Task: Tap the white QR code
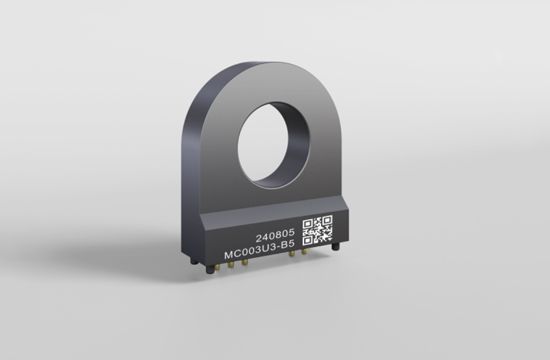[x=317, y=230]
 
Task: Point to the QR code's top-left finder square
[x=308, y=224]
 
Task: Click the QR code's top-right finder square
[x=327, y=220]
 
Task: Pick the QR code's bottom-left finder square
[x=308, y=240]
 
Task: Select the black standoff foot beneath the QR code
[x=336, y=246]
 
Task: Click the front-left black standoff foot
[x=210, y=269]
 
